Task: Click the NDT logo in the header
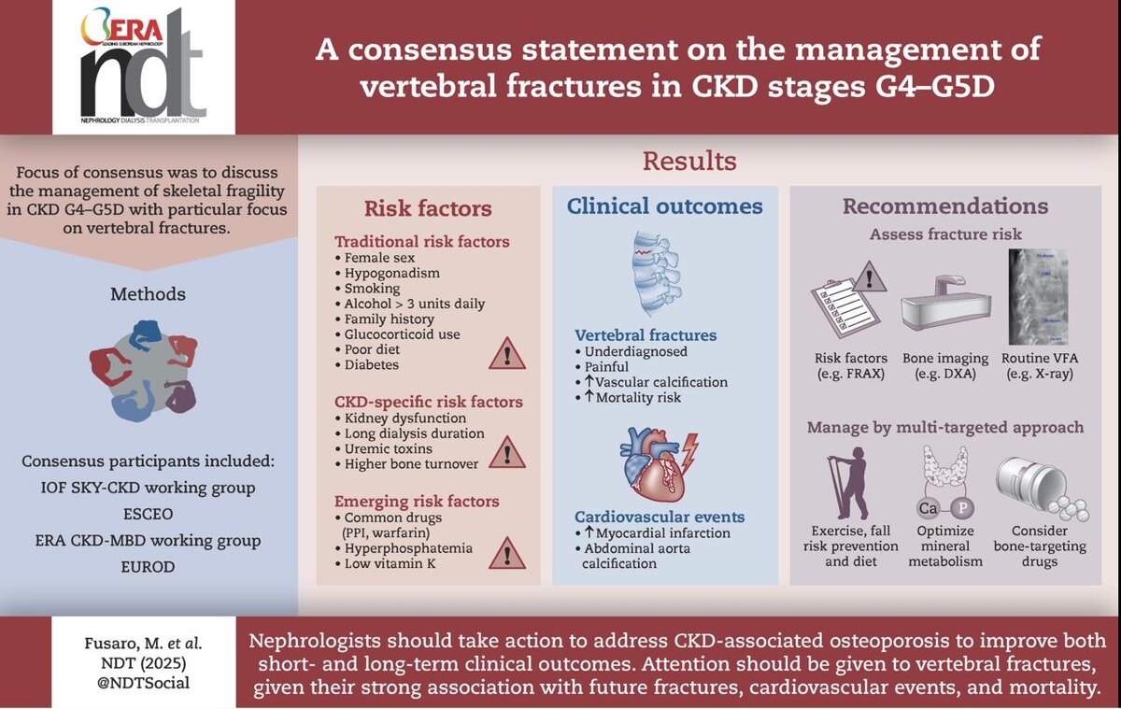143,66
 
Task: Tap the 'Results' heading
688,161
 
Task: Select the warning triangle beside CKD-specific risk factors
507,452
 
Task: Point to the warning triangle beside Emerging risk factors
507,552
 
